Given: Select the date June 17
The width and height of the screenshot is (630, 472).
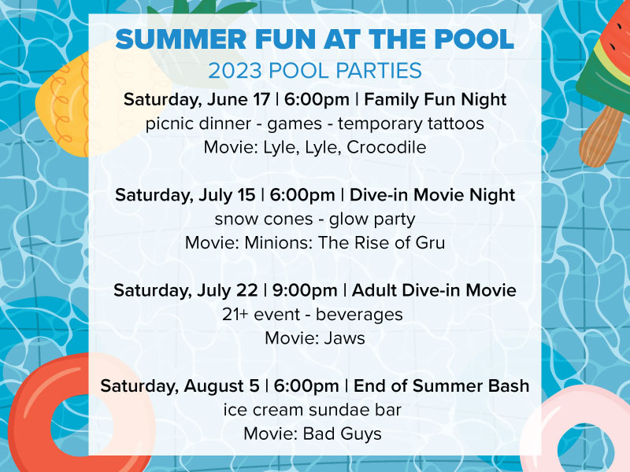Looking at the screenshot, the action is pyautogui.click(x=239, y=99).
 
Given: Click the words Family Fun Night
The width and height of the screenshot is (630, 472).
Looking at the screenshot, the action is pyautogui.click(x=435, y=99).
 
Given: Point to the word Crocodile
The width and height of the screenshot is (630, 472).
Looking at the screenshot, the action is pyautogui.click(x=386, y=147).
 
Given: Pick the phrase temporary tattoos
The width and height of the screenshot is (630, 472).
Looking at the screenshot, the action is pyautogui.click(x=410, y=124).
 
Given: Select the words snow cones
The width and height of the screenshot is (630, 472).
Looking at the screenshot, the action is pyautogui.click(x=264, y=219).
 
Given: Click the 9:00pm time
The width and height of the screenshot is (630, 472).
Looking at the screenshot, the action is pyautogui.click(x=305, y=290).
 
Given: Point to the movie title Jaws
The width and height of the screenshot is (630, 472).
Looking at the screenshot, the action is pyautogui.click(x=344, y=338).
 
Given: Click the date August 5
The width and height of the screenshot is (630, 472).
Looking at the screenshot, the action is pyautogui.click(x=222, y=385).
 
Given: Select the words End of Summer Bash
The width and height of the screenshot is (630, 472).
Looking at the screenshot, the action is pyautogui.click(x=441, y=385).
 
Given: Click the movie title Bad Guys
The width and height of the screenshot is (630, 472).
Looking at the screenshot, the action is pyautogui.click(x=342, y=433).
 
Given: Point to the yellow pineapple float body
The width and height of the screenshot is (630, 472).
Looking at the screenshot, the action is pyautogui.click(x=65, y=102).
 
